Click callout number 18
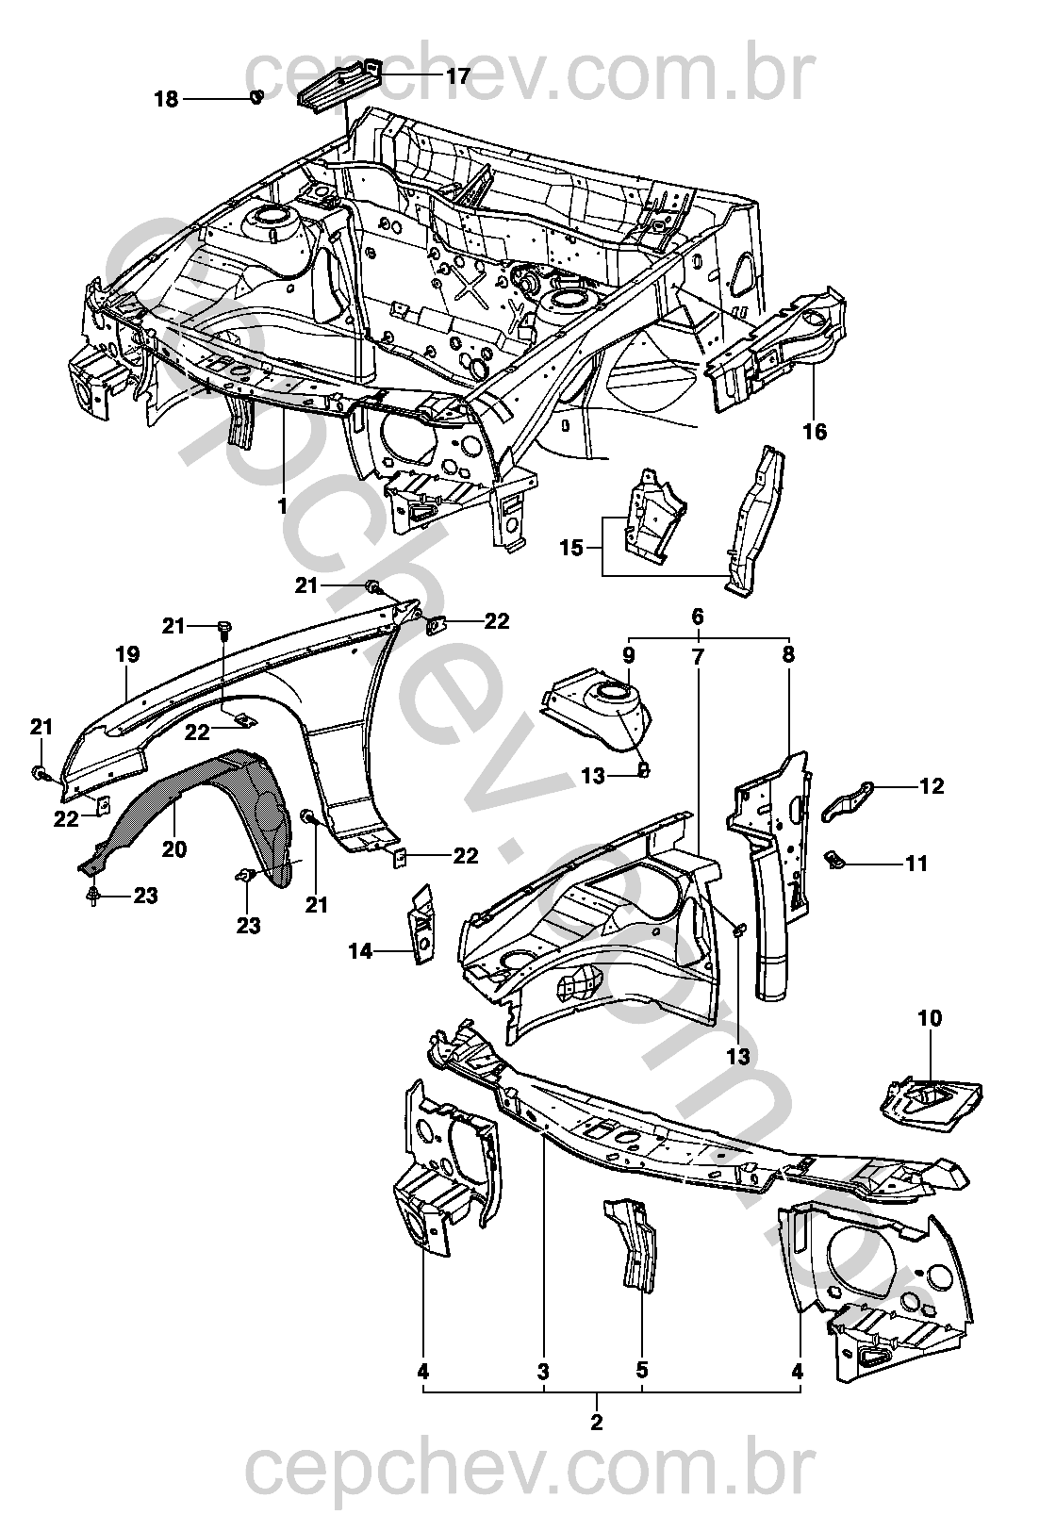pyautogui.click(x=166, y=99)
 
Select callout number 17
pyautogui.click(x=457, y=76)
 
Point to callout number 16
pyautogui.click(x=815, y=432)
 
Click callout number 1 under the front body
pyautogui.click(x=283, y=506)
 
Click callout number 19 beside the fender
pyautogui.click(x=127, y=654)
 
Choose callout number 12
pyautogui.click(x=932, y=786)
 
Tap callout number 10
pyautogui.click(x=929, y=1018)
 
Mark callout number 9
pyautogui.click(x=629, y=655)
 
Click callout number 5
pyautogui.click(x=642, y=1371)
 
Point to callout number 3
pyautogui.click(x=544, y=1371)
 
